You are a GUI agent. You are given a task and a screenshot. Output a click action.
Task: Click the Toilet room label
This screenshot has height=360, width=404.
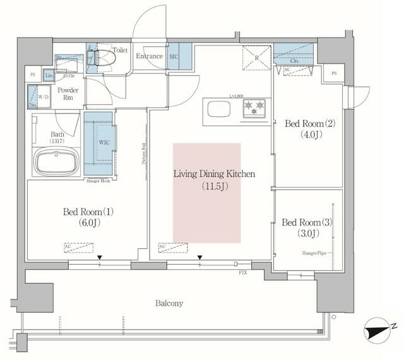(121, 49)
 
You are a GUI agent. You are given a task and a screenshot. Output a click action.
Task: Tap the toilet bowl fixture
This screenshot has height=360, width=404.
(102, 57)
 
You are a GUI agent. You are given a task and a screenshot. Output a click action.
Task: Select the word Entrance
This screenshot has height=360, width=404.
(150, 56)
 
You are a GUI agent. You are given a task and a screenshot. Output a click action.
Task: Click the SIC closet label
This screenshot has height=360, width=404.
(175, 56)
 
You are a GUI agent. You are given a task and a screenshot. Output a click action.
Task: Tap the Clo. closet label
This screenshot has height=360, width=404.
(294, 63)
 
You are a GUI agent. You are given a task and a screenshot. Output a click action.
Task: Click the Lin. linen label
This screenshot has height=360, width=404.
(50, 75)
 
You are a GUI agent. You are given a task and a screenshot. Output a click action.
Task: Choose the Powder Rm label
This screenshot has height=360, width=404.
(68, 95)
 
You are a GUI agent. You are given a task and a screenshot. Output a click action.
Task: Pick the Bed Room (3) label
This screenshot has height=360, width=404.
(307, 222)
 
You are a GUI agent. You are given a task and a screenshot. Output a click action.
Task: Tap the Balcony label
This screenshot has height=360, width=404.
(169, 303)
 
